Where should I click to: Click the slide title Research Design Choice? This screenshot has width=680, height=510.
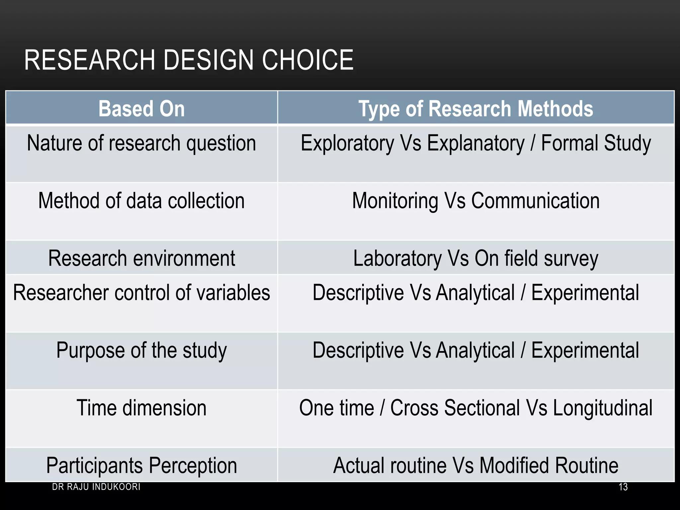pyautogui.click(x=189, y=60)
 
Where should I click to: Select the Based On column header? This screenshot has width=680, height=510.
pyautogui.click(x=141, y=109)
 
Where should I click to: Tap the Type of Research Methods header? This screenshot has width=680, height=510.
pyautogui.click(x=475, y=109)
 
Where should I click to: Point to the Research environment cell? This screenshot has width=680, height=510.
pyautogui.click(x=141, y=258)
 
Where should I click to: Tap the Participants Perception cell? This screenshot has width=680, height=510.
pyautogui.click(x=141, y=465)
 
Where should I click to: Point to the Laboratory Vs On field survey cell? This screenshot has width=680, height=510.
pyautogui.click(x=475, y=258)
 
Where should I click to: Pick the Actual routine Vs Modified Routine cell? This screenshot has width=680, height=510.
pyautogui.click(x=475, y=465)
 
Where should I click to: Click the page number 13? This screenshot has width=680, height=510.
pyautogui.click(x=623, y=487)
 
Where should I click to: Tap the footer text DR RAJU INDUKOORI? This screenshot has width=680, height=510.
pyautogui.click(x=96, y=487)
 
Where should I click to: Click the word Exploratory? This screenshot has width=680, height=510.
pyautogui.click(x=347, y=143)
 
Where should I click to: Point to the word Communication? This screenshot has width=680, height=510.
pyautogui.click(x=535, y=201)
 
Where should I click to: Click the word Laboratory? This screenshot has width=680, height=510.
pyautogui.click(x=397, y=258)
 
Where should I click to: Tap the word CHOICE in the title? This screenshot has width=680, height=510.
pyautogui.click(x=307, y=60)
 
